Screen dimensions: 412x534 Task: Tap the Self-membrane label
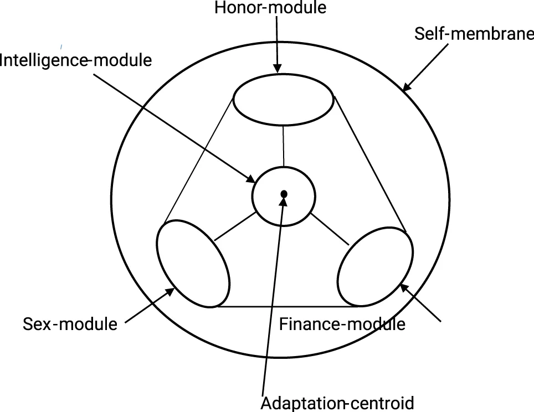pos(474,34)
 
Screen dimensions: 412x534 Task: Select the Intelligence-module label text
pos(76,60)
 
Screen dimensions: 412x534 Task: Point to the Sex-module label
pos(70,323)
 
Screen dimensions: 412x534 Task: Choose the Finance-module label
pos(342,323)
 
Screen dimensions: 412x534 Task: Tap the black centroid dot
pos(284,194)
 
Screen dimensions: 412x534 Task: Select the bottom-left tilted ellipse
pos(193,263)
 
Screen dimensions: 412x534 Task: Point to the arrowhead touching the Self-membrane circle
pos(407,86)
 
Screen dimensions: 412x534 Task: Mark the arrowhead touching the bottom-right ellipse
pos(404,288)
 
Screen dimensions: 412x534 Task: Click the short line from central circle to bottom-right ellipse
pos(331,228)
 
